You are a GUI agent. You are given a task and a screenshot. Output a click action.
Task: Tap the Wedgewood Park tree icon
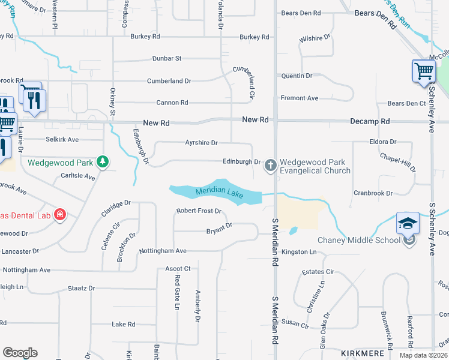[x=103, y=161]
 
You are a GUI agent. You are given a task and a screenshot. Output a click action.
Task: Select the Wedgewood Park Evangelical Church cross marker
[x=271, y=165]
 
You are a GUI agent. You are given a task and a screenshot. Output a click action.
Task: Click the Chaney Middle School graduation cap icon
[x=407, y=223]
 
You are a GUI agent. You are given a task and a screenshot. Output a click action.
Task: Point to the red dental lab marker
[x=59, y=214]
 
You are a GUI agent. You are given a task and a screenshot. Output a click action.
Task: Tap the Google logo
[x=20, y=353]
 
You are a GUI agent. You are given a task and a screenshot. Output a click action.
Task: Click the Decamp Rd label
[x=370, y=121]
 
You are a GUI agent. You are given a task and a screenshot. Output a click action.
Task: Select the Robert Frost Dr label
[x=199, y=211]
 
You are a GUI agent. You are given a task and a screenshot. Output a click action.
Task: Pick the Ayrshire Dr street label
[x=201, y=143]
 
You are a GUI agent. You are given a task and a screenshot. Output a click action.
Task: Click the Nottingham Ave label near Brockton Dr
[x=163, y=251]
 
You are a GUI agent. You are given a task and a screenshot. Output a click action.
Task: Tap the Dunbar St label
[x=166, y=58]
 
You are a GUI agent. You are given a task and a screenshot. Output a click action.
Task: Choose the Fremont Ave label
[x=300, y=98]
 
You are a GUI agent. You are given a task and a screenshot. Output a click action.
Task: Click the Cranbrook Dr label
[x=372, y=193]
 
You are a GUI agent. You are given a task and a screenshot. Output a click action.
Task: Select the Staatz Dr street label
[x=81, y=288]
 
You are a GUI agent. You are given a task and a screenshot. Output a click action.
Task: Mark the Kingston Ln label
[x=298, y=252]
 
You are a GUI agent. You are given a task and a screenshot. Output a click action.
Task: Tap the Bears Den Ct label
[x=406, y=103]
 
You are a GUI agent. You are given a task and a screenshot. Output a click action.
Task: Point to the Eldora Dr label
[x=384, y=142]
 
